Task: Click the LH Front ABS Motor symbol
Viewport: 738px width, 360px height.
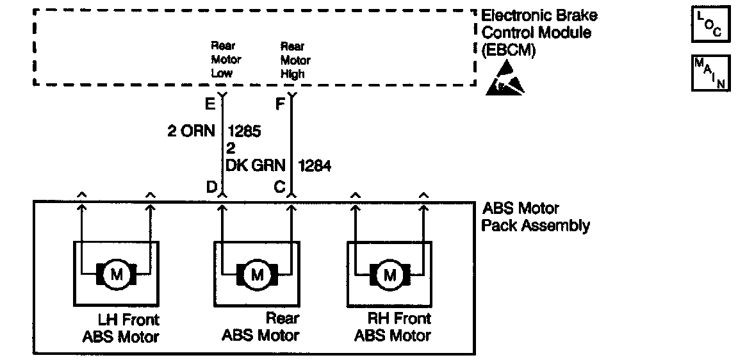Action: point(117,275)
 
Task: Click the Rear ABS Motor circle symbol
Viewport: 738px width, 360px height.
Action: point(257,275)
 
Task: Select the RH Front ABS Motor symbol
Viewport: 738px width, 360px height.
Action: point(389,275)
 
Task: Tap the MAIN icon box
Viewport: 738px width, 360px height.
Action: point(710,74)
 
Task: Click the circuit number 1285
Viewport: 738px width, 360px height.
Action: point(244,131)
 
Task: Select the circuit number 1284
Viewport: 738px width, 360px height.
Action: point(314,165)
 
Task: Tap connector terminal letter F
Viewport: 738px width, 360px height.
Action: point(279,102)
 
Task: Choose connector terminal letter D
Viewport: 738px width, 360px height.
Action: point(210,187)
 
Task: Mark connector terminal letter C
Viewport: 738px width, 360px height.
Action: point(279,187)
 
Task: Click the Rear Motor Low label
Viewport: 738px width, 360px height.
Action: point(225,60)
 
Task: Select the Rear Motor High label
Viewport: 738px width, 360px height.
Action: point(295,60)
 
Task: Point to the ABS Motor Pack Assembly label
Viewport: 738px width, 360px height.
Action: point(535,217)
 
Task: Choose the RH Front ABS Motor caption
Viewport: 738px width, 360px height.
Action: point(393,327)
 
